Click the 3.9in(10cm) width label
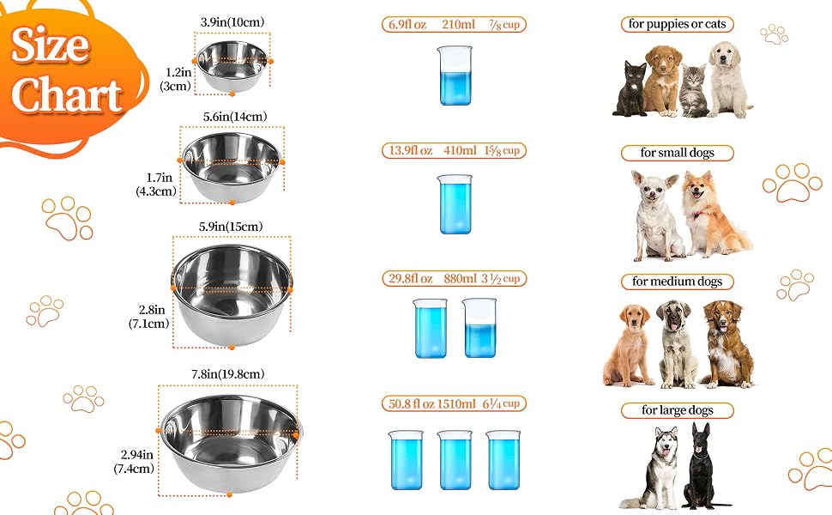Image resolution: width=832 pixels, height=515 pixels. [232, 22]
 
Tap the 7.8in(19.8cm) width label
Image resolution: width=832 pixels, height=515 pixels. [227, 374]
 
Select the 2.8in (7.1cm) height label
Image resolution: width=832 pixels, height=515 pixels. [149, 317]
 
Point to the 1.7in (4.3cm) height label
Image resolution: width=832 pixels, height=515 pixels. [156, 185]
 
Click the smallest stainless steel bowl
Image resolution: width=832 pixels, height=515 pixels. [232, 66]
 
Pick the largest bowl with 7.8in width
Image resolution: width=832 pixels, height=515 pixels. [231, 443]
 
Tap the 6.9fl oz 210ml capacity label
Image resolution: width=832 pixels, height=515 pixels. [455, 24]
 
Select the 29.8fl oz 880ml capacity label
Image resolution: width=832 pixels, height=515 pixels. [455, 279]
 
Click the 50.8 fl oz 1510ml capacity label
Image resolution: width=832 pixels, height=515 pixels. [455, 404]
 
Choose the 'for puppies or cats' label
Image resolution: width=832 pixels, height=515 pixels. [677, 24]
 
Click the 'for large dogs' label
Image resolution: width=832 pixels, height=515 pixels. [677, 410]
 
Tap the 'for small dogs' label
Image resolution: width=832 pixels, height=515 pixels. [677, 153]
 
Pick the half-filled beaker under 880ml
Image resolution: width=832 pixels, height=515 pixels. [479, 328]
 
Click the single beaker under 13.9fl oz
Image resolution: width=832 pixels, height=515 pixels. [455, 204]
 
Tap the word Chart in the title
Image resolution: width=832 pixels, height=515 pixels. [68, 95]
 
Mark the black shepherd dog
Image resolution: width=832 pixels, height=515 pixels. [702, 466]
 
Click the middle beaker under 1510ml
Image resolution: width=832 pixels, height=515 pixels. [455, 460]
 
